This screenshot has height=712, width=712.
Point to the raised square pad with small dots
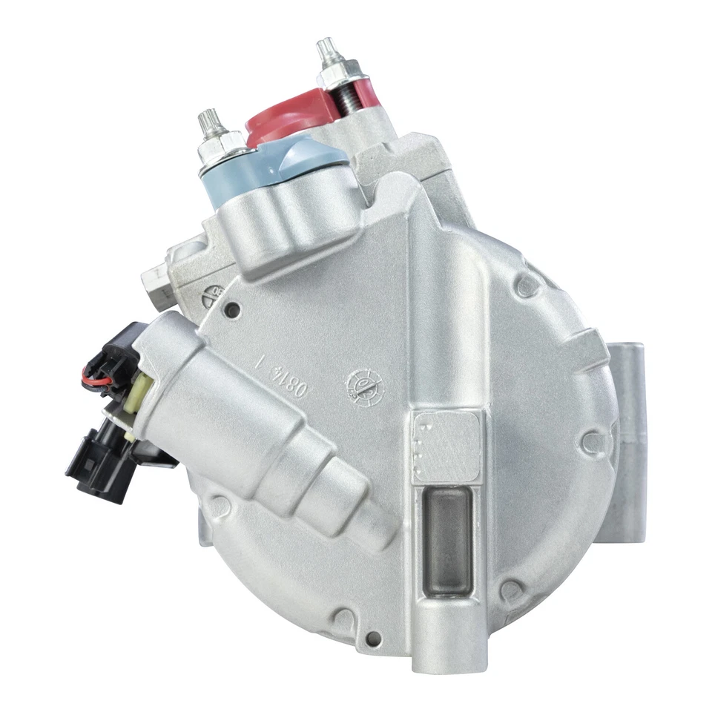pos(446,446)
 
